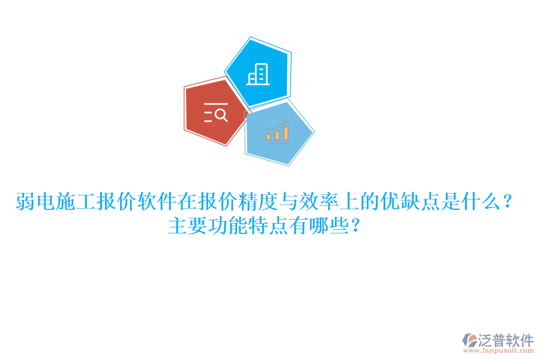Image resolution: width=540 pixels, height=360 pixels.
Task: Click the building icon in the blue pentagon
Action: tap(258, 74)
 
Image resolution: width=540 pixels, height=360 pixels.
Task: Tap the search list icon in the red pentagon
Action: tap(215, 113)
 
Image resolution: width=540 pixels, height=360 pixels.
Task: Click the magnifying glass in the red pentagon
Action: tap(221, 113)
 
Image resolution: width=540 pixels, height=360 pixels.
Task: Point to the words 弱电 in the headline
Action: tap(35, 202)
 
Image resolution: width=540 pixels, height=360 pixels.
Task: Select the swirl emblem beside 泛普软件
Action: tap(469, 341)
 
